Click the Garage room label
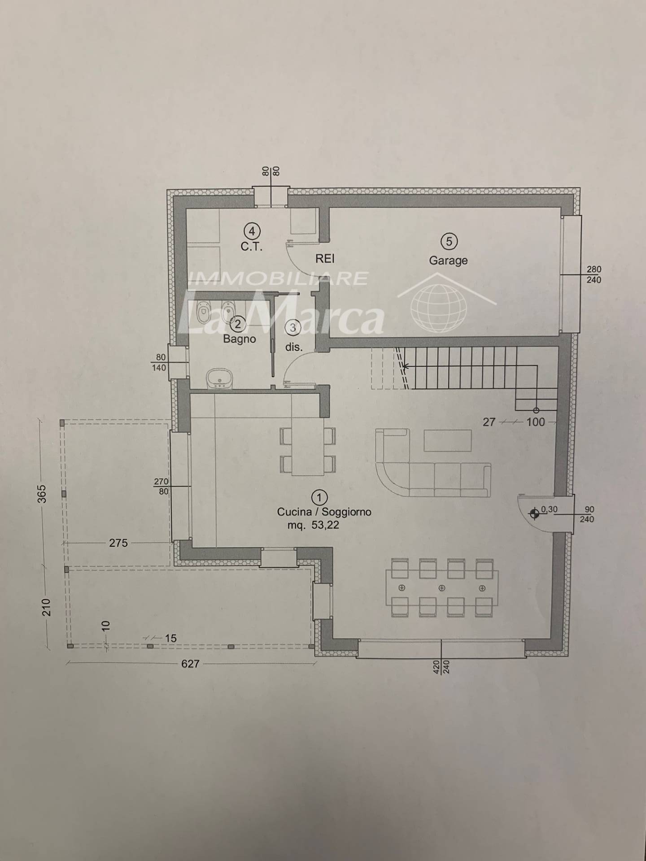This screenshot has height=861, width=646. [448, 261]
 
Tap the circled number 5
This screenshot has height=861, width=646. [449, 242]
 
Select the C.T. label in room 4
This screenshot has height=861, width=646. [251, 247]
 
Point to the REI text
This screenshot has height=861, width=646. [325, 259]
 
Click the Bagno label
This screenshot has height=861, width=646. [240, 339]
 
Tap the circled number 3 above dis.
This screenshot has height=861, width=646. [293, 327]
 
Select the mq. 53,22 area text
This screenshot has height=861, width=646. [313, 525]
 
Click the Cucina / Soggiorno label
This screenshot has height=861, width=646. [324, 512]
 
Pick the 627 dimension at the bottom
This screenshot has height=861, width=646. [190, 664]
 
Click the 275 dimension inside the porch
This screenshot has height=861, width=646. [118, 543]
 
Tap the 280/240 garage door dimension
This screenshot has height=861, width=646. [594, 274]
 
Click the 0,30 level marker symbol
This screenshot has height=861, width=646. [534, 514]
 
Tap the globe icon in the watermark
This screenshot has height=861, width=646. [439, 306]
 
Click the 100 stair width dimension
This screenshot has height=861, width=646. [535, 422]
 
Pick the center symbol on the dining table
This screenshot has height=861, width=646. [442, 588]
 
